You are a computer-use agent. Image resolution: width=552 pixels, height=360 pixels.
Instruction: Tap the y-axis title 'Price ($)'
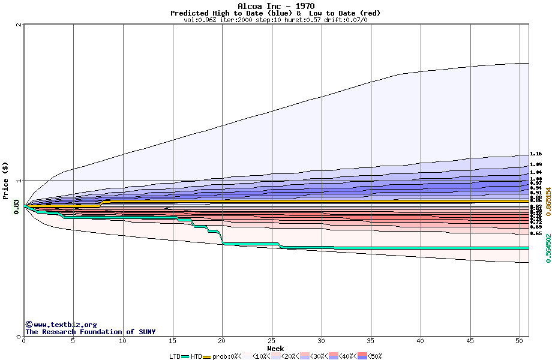[5, 181]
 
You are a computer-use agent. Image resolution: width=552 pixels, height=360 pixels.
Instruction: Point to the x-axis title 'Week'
[275, 349]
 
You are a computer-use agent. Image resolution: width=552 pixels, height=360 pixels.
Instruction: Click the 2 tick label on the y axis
[19, 25]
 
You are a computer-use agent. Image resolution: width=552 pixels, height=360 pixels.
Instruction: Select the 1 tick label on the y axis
[19, 181]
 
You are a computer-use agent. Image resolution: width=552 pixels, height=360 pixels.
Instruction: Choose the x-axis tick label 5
[73, 341]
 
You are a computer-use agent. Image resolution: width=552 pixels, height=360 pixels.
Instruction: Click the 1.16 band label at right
[536, 154]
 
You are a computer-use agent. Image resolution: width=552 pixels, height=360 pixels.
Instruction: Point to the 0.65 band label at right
[536, 233]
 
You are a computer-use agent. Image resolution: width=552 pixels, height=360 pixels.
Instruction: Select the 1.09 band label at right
[536, 164]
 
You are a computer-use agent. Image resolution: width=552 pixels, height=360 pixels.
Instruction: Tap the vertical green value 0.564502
[548, 248]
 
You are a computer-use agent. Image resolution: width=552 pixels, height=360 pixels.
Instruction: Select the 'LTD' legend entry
[175, 356]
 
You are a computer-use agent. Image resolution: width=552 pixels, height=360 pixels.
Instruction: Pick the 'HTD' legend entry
[196, 356]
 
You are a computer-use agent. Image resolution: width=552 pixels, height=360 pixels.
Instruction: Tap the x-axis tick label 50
[520, 341]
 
